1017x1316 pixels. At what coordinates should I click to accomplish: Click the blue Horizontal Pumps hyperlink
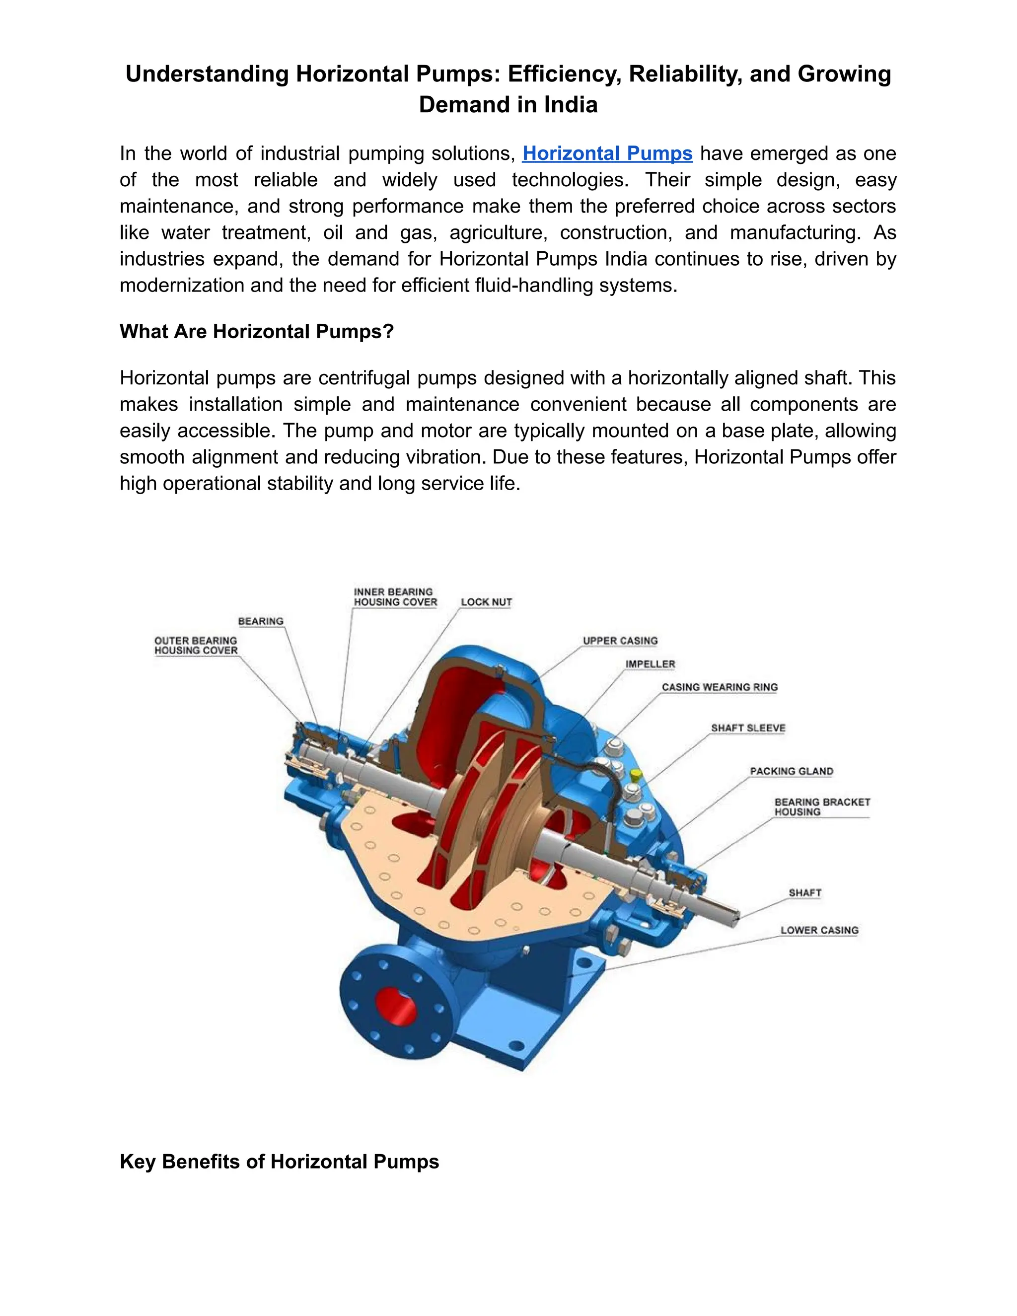(x=607, y=153)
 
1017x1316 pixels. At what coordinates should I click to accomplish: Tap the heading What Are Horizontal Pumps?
(x=257, y=331)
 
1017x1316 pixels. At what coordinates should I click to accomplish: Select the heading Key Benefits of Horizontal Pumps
(x=280, y=1161)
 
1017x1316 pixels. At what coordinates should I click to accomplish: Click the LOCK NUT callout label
(x=486, y=602)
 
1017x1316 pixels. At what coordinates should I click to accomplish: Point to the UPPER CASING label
(x=620, y=641)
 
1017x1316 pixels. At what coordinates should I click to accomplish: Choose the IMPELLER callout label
(x=650, y=664)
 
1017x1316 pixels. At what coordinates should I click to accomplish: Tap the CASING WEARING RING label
(x=720, y=687)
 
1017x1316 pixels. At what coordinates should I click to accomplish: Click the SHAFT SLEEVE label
(x=748, y=728)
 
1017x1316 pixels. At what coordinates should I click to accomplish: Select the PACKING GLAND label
(x=791, y=771)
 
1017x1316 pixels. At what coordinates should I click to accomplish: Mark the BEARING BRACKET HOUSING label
(x=822, y=807)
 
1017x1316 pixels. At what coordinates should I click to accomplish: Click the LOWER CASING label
(x=819, y=930)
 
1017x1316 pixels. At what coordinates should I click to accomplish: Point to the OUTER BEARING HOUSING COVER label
(x=196, y=646)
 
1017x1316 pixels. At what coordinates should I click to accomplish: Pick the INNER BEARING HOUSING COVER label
(x=395, y=597)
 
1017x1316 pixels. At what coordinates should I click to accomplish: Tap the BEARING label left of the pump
(x=260, y=621)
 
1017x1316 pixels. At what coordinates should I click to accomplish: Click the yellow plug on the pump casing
(x=635, y=773)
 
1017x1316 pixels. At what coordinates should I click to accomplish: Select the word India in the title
(x=571, y=105)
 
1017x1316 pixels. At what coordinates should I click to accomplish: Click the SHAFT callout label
(x=805, y=893)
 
